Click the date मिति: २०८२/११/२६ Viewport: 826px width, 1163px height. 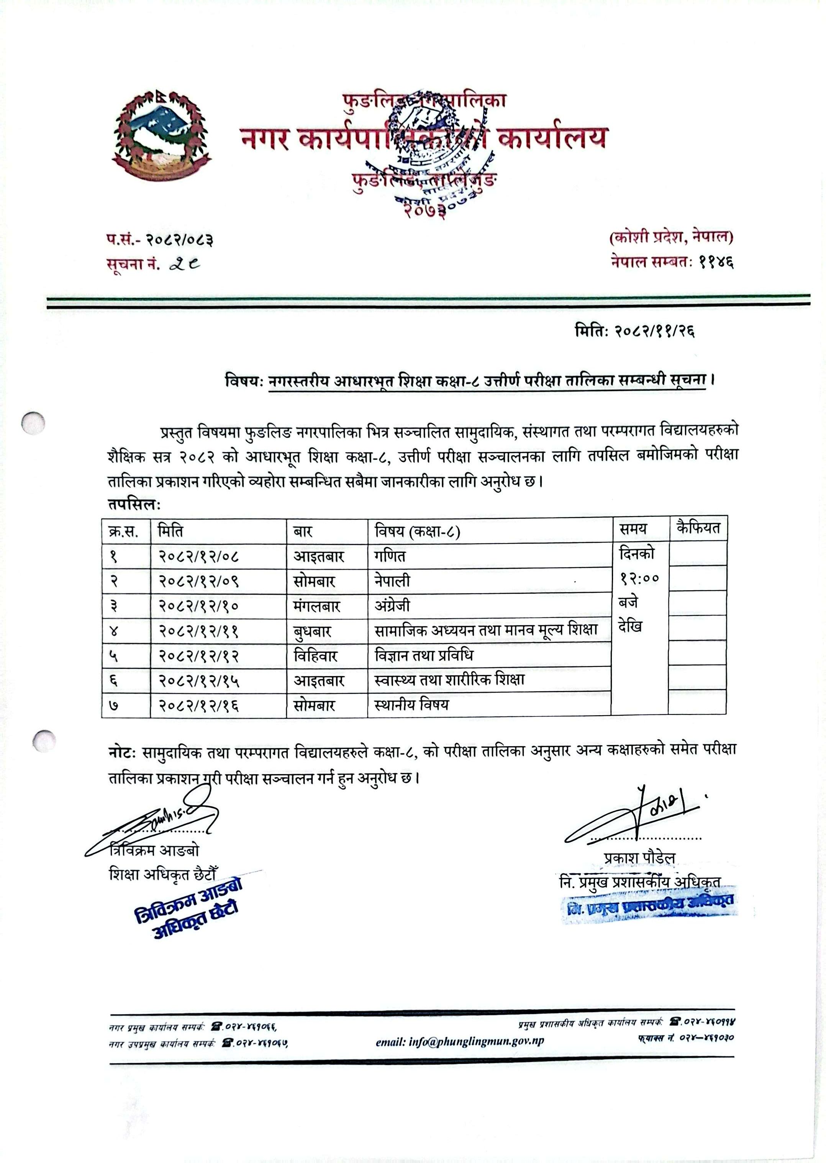click(x=634, y=332)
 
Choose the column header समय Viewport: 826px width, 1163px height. click(x=633, y=529)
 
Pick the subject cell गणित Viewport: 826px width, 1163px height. click(x=390, y=556)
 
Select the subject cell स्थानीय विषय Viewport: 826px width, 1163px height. click(x=411, y=705)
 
